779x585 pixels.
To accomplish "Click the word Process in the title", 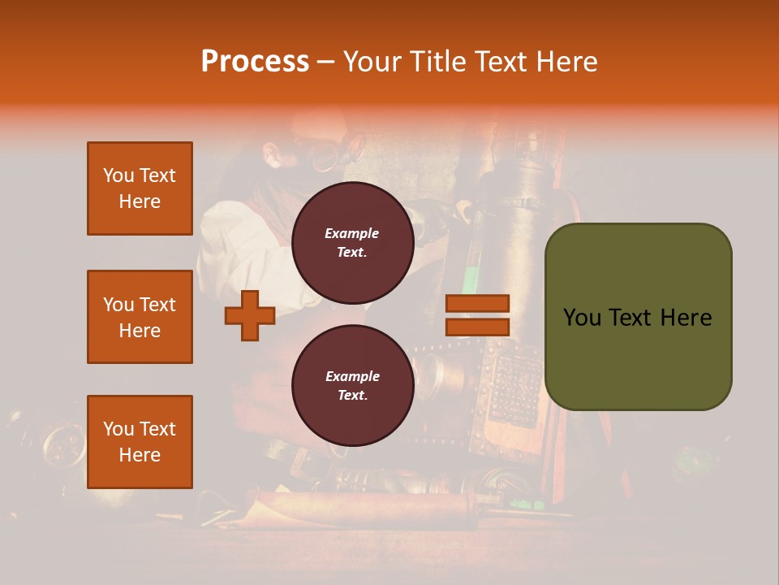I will (x=255, y=62).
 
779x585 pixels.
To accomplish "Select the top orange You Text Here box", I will (x=140, y=188).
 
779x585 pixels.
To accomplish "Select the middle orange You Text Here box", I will (x=140, y=317).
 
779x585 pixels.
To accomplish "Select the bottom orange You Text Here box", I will (x=140, y=441).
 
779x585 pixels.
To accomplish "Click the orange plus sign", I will (x=250, y=315).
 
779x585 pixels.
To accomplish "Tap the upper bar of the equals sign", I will (x=478, y=303).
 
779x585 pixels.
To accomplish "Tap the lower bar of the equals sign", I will (x=478, y=327).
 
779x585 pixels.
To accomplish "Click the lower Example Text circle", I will (x=352, y=385).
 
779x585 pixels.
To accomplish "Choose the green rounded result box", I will (x=638, y=317).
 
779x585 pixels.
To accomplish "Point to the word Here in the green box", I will (x=686, y=318).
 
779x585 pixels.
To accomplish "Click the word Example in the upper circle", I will (x=352, y=233).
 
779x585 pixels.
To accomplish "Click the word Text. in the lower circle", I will (x=352, y=396).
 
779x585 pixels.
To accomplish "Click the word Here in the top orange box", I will (x=140, y=201).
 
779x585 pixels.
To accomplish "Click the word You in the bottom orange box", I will (x=118, y=429).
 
